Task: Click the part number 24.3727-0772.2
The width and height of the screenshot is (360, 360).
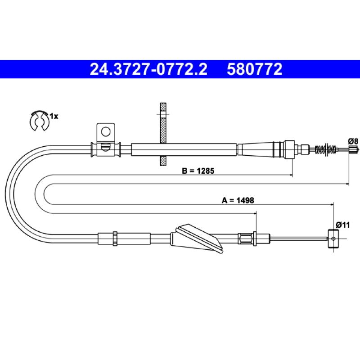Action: (148, 69)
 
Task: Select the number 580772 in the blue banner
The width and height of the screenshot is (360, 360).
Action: (255, 69)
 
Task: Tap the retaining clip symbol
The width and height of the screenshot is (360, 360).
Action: (39, 120)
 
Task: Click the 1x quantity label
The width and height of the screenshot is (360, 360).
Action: (54, 117)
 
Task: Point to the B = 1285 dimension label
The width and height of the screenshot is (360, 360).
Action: (198, 171)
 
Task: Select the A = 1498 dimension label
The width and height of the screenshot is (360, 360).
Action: (238, 200)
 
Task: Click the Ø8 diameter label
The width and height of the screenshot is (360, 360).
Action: (353, 141)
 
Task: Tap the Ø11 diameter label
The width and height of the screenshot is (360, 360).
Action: (343, 225)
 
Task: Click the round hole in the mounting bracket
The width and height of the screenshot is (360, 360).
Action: (106, 132)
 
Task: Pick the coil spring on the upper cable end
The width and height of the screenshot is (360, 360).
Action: (326, 149)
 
